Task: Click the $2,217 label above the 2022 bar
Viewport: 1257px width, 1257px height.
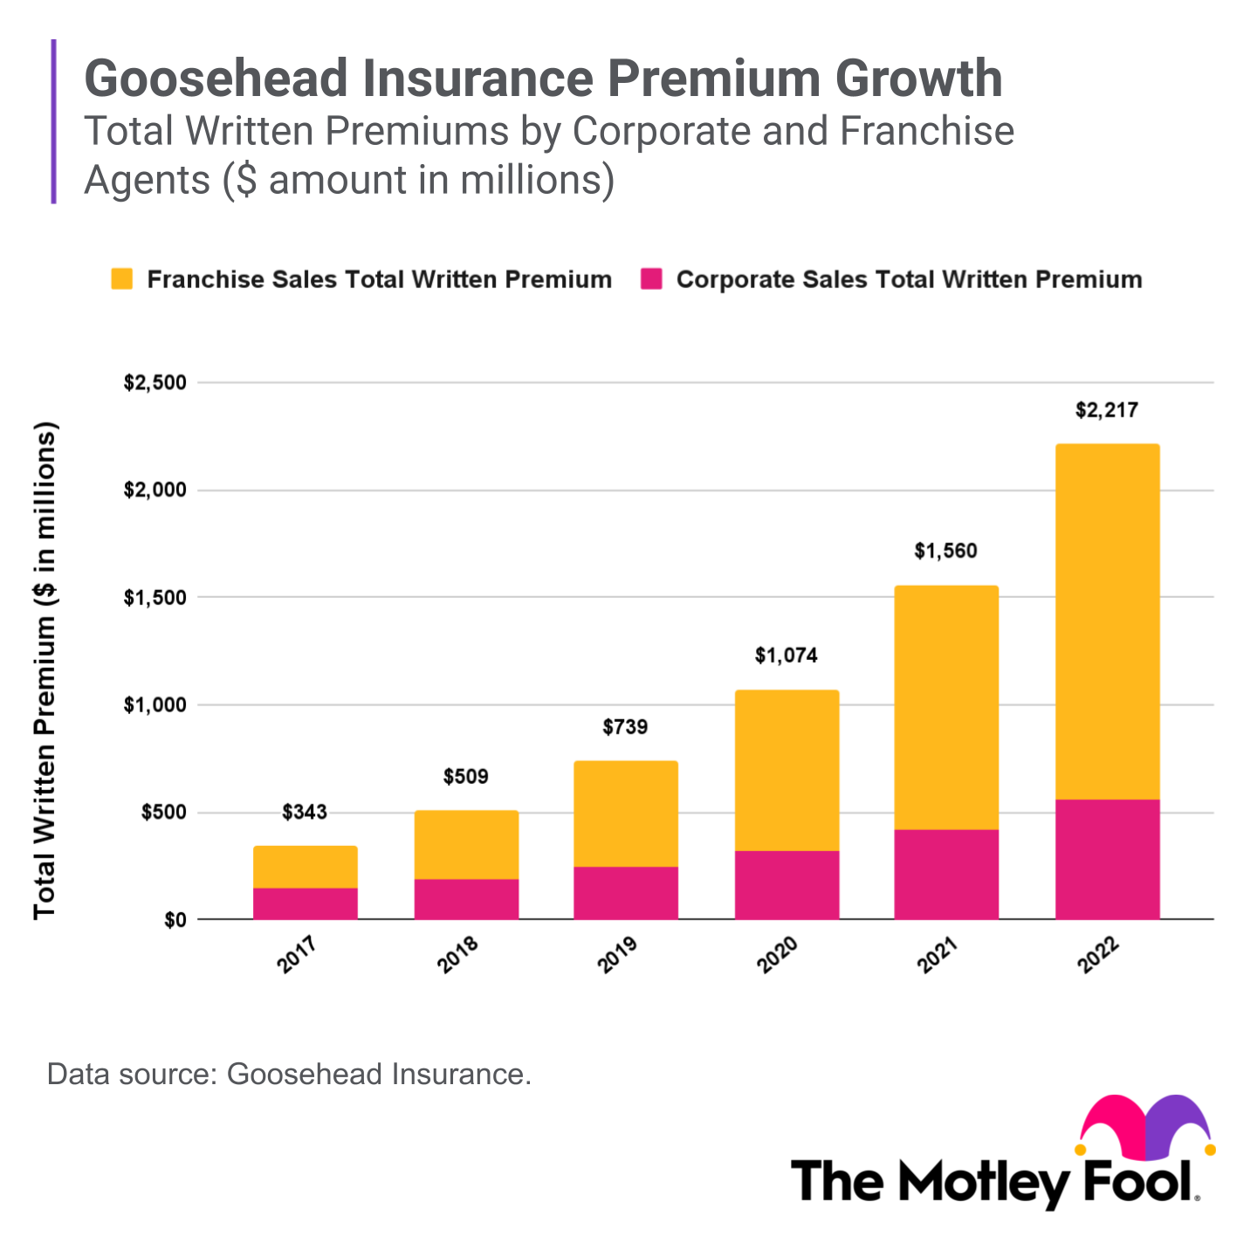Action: [1106, 410]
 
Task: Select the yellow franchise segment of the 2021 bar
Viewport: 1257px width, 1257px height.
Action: [946, 707]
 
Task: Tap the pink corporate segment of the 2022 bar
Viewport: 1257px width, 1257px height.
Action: [1107, 859]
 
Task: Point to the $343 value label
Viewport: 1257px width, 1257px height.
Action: [305, 813]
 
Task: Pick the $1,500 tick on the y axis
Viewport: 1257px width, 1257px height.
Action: [155, 598]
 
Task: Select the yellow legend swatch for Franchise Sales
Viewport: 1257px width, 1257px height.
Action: [122, 279]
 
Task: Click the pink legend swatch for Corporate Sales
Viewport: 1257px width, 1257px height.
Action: [651, 279]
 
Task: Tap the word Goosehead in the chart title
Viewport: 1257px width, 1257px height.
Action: [216, 79]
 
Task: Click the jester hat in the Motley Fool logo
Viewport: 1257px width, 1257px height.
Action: [1145, 1124]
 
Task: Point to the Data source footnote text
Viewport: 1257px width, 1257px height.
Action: [289, 1074]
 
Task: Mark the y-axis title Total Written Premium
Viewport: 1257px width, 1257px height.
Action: [45, 670]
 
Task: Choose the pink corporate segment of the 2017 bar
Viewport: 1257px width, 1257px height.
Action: [305, 903]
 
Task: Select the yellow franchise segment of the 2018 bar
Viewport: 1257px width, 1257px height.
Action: [466, 844]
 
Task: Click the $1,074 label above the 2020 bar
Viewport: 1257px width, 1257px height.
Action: [786, 656]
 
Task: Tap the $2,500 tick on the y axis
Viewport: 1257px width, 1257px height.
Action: [155, 383]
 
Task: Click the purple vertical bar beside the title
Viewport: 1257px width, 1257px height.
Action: [54, 121]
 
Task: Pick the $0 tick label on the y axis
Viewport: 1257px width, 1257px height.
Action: [175, 920]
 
